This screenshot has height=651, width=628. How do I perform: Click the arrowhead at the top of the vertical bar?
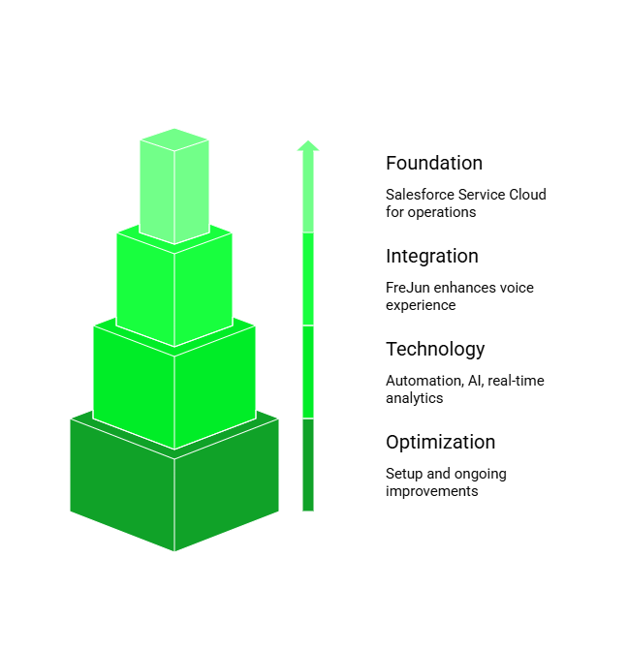click(308, 146)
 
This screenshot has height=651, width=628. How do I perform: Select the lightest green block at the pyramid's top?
click(174, 194)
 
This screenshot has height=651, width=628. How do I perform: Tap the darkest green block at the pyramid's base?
click(174, 494)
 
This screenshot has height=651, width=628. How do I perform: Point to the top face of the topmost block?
click(174, 139)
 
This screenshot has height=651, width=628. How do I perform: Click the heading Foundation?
click(434, 164)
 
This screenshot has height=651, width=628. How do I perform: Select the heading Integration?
click(432, 257)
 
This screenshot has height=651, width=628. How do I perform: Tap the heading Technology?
click(435, 350)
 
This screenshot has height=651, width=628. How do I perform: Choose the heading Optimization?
click(441, 443)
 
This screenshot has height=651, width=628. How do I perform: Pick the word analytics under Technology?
click(415, 398)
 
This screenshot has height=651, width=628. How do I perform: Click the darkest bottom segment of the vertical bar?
click(308, 465)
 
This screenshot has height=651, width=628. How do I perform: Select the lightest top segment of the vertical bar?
click(308, 194)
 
